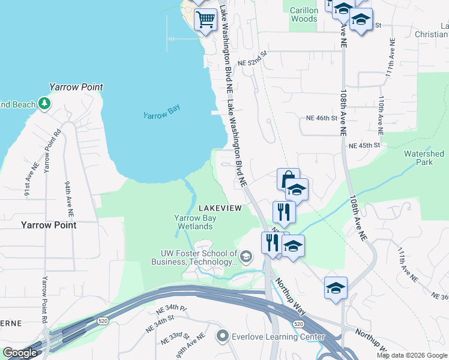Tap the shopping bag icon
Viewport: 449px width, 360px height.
coord(288,179)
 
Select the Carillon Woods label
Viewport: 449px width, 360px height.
coord(303,14)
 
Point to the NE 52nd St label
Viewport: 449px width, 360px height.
coord(251,62)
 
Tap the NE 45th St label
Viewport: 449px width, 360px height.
coord(364,145)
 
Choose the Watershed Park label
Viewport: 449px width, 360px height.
coord(424,158)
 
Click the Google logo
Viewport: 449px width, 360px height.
coord(19,353)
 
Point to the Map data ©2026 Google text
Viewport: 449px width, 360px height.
coord(411,355)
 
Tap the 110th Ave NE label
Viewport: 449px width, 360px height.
coord(381,113)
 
